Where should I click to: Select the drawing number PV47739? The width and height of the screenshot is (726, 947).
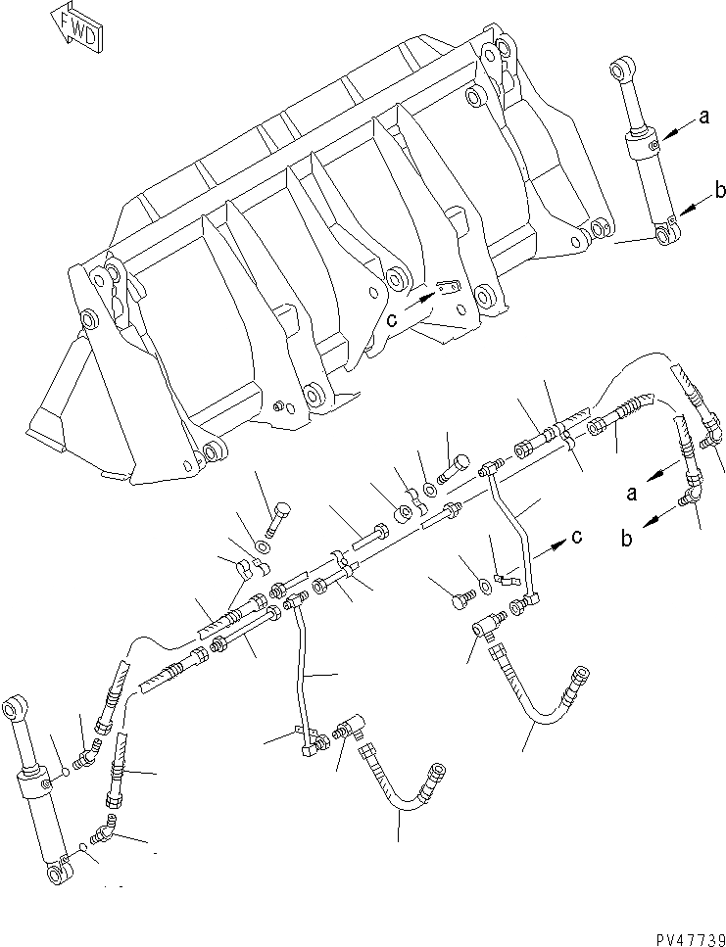[x=677, y=935]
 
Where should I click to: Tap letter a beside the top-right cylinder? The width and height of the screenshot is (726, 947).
[x=703, y=118]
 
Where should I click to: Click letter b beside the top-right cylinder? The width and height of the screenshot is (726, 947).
[x=720, y=191]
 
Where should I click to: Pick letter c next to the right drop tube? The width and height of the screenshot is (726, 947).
[x=578, y=537]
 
